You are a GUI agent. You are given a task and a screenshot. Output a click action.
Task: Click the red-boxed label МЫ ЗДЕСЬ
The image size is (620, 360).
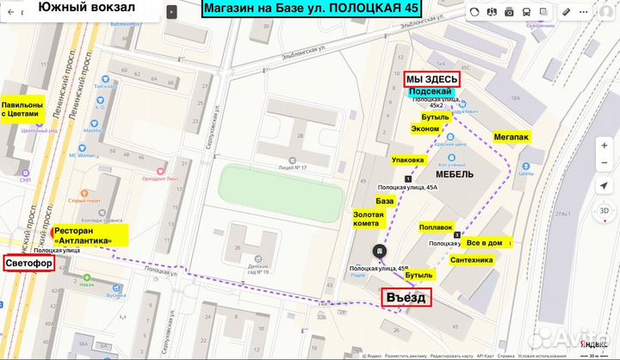pyautogui.click(x=431, y=78)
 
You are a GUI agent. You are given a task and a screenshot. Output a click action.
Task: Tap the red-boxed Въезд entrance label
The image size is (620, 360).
pyautogui.click(x=406, y=297)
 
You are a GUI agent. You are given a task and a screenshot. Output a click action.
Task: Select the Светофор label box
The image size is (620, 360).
pyautogui.click(x=28, y=263)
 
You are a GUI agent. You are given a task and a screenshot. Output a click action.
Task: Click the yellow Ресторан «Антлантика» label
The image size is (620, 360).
pyautogui.click(x=90, y=235)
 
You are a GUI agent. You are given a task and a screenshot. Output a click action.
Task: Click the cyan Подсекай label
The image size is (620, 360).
pyautogui.click(x=431, y=92)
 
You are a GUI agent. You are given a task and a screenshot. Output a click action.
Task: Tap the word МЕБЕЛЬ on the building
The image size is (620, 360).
pyautogui.click(x=456, y=173)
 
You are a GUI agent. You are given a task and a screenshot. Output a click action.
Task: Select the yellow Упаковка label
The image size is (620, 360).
pyautogui.click(x=407, y=159)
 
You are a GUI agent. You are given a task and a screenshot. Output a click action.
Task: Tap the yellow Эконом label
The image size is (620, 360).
pyautogui.click(x=425, y=128)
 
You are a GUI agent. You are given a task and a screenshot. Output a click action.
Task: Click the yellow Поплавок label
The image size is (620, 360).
pyautogui.click(x=435, y=227)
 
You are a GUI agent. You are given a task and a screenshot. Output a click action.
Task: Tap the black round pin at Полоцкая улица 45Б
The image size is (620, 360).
pyautogui.click(x=378, y=251)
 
